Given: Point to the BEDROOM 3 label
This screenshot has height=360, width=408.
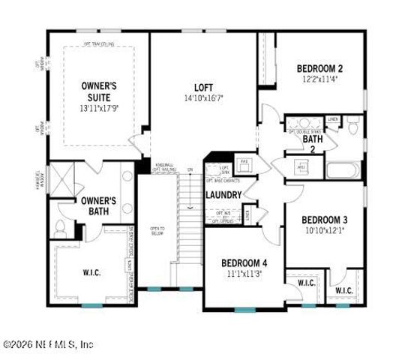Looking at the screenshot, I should (x=324, y=219).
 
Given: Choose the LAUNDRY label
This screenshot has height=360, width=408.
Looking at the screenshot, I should (x=223, y=195).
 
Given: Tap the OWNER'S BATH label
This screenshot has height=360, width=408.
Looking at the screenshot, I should (x=97, y=206).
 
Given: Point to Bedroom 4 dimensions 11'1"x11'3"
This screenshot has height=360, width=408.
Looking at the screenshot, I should (x=243, y=274).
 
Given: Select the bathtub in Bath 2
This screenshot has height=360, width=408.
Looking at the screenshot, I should (x=344, y=168).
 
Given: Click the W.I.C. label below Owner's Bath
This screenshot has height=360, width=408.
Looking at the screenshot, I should (x=91, y=272).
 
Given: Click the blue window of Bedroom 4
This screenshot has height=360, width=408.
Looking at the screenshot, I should (x=244, y=310).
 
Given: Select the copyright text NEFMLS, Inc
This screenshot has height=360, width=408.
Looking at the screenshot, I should (x=48, y=345).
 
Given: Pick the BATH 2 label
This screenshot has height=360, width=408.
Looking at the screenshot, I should (x=308, y=142).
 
